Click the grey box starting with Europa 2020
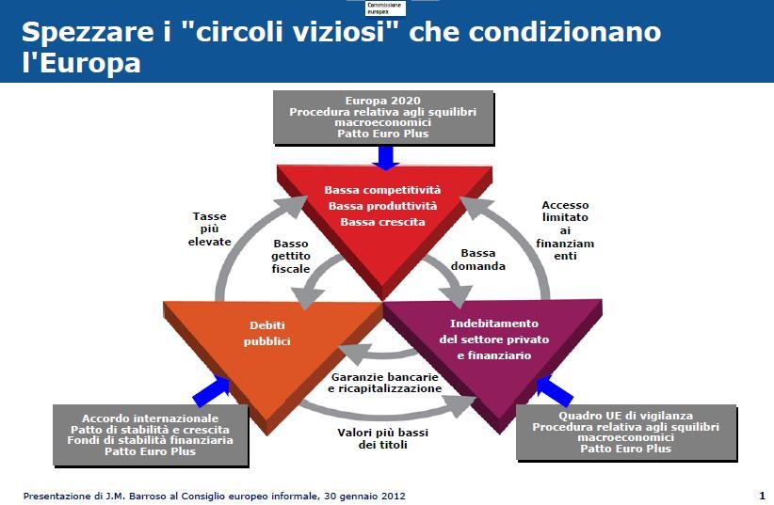click(x=382, y=118)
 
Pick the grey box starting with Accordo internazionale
click(x=151, y=434)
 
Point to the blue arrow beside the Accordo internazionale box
click(x=212, y=387)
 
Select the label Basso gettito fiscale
click(x=291, y=256)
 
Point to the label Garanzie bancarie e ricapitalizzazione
click(x=384, y=382)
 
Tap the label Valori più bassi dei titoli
click(x=385, y=438)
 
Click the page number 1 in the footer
click(x=761, y=495)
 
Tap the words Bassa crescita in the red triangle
click(x=382, y=223)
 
